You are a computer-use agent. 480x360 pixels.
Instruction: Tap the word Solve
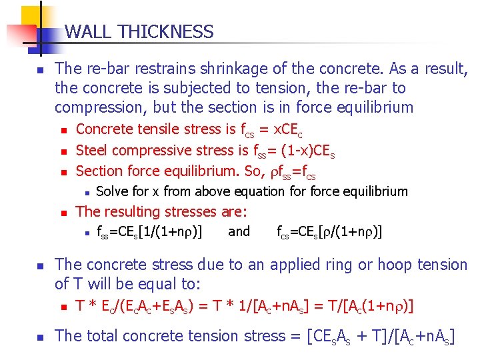(113, 192)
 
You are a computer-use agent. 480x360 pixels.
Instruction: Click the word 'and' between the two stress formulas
(239, 232)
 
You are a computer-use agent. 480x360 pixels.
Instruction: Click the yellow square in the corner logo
(32, 17)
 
